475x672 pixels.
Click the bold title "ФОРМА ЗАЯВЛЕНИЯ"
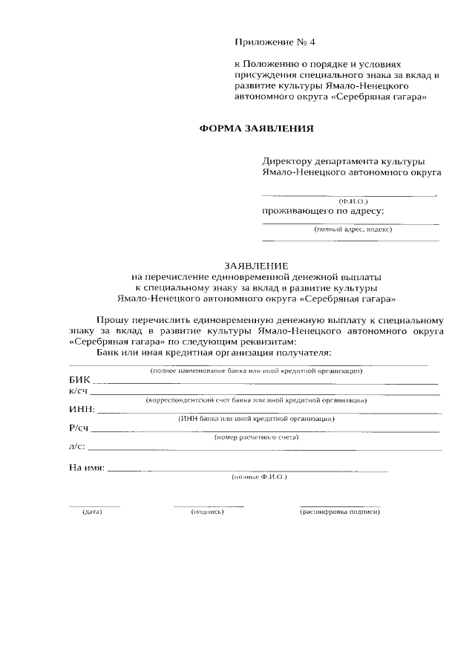pyautogui.click(x=257, y=128)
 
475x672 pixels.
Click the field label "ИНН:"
pyautogui.click(x=82, y=409)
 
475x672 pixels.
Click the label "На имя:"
pyautogui.click(x=87, y=469)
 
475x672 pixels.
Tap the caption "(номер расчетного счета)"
pyautogui.click(x=256, y=437)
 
